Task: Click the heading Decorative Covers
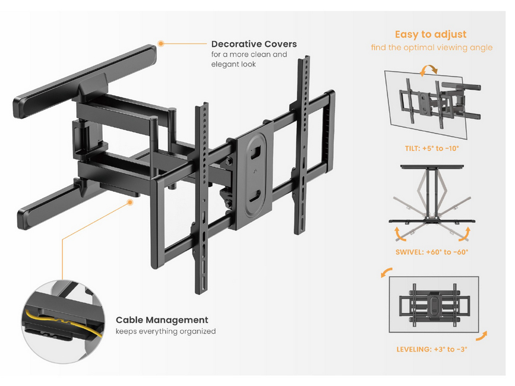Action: [254, 44]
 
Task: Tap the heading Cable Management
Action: [162, 320]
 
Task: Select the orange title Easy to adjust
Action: [431, 34]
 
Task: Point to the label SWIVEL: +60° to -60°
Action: [431, 252]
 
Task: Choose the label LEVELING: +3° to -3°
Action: [431, 349]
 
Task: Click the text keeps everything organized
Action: [165, 331]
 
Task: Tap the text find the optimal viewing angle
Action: [431, 48]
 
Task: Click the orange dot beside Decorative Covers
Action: [161, 43]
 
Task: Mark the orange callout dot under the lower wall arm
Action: [130, 203]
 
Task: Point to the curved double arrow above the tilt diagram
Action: [428, 71]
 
